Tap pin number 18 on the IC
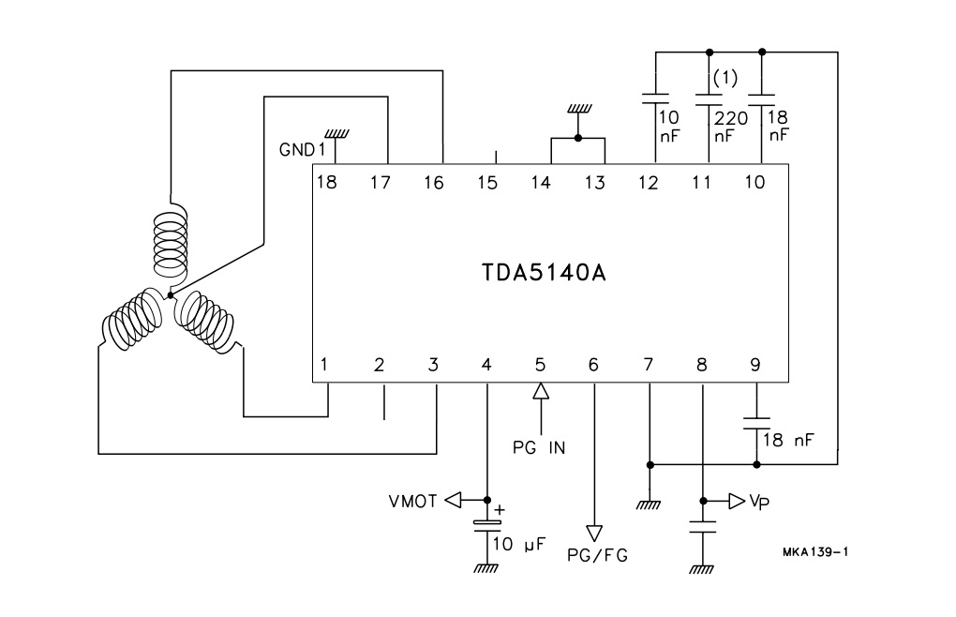coord(326,183)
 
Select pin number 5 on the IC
coord(540,364)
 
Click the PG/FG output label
coord(597,555)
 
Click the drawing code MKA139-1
coord(815,551)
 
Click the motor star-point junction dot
coord(171,295)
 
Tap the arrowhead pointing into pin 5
coord(540,392)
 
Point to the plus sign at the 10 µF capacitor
coord(500,510)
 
